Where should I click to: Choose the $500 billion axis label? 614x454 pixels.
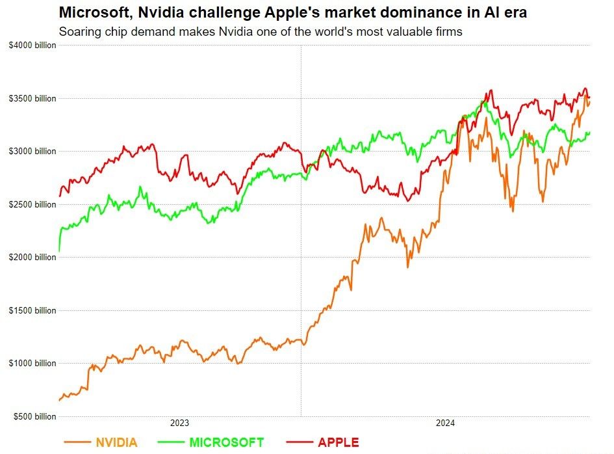click(x=31, y=417)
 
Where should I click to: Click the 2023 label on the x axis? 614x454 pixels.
click(x=179, y=423)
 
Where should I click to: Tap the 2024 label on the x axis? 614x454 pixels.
click(x=445, y=423)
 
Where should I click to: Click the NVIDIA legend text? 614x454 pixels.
click(x=116, y=443)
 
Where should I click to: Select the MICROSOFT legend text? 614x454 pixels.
click(x=227, y=443)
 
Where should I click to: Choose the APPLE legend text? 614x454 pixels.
click(x=338, y=443)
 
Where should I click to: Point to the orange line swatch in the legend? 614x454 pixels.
click(x=77, y=443)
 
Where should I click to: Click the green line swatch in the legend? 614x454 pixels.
click(x=171, y=443)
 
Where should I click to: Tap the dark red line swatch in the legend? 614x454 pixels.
click(x=299, y=443)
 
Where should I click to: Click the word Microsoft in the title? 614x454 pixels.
click(x=91, y=12)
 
